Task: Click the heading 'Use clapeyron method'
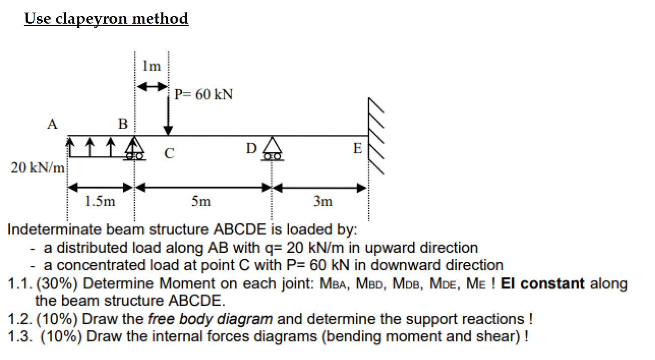(106, 19)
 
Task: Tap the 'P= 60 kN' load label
(204, 95)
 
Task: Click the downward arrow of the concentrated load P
(169, 115)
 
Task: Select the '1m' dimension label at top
(151, 66)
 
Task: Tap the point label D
(252, 148)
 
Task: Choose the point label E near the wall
(358, 149)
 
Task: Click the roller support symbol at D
(272, 149)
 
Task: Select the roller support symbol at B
(134, 150)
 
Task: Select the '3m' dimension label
(322, 202)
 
